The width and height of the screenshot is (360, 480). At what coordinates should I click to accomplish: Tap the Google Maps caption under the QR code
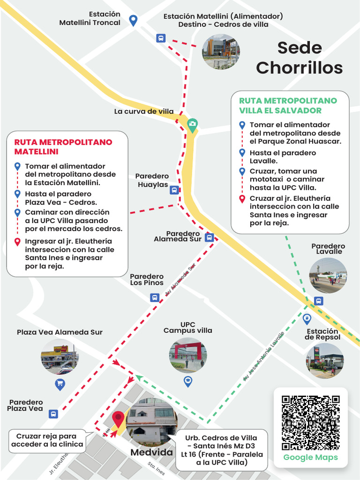(x=310, y=457)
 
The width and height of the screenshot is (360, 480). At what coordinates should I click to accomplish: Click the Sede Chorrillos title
(x=299, y=58)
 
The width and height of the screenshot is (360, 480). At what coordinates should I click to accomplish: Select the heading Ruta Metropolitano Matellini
(x=63, y=147)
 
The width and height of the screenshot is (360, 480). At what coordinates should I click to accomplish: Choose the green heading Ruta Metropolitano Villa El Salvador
(x=288, y=105)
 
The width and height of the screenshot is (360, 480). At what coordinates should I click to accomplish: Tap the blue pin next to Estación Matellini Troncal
(x=133, y=20)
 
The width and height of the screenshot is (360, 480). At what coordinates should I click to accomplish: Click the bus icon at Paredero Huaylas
(x=174, y=190)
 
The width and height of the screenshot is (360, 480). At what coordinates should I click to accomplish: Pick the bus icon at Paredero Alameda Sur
(x=210, y=238)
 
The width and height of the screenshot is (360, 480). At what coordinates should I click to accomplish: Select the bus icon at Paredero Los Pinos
(x=154, y=297)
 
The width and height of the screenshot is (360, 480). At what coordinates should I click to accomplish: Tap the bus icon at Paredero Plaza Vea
(x=53, y=414)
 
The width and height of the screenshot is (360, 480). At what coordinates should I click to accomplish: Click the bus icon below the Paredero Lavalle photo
(x=318, y=301)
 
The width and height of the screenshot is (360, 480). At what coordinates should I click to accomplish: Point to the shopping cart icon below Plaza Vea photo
(x=60, y=385)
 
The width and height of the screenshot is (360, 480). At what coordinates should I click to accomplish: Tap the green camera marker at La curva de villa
(x=192, y=124)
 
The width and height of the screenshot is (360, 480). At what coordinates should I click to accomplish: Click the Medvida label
(x=151, y=453)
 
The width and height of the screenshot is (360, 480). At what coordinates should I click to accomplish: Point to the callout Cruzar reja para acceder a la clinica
(x=47, y=440)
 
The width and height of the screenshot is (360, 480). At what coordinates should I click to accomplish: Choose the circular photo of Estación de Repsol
(x=325, y=361)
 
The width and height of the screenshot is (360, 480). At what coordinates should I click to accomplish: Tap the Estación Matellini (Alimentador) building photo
(x=220, y=52)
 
